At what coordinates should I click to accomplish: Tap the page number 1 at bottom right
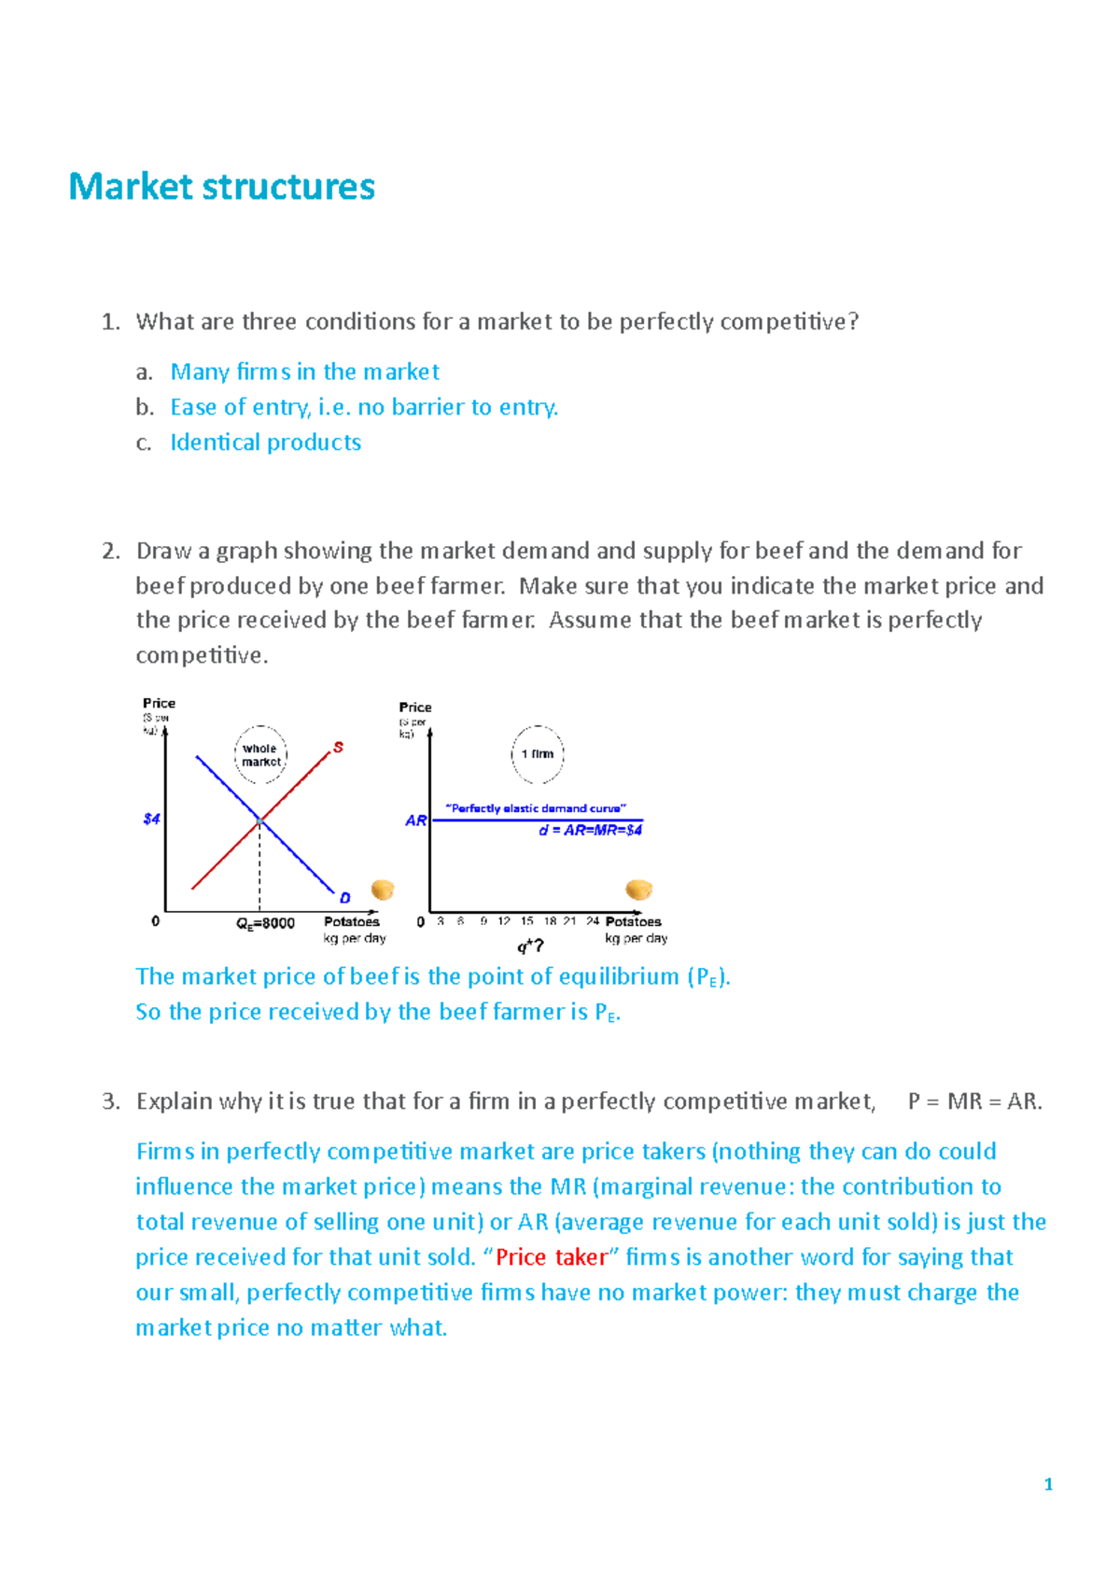pyautogui.click(x=1048, y=1484)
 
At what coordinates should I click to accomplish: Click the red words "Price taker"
pyautogui.click(x=552, y=1257)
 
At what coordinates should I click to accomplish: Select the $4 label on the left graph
pyautogui.click(x=151, y=819)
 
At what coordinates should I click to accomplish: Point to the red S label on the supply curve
pyautogui.click(x=338, y=747)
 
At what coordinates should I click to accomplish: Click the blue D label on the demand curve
pyautogui.click(x=344, y=897)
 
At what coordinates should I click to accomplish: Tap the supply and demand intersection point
pyautogui.click(x=259, y=820)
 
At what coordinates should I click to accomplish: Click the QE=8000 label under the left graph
pyautogui.click(x=265, y=923)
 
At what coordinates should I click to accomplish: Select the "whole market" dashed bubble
pyautogui.click(x=260, y=754)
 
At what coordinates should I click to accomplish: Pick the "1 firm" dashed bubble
pyautogui.click(x=537, y=753)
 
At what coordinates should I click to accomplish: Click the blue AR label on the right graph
pyautogui.click(x=415, y=821)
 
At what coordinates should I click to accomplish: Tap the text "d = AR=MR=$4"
pyautogui.click(x=590, y=830)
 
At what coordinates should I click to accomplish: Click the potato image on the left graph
pyautogui.click(x=383, y=889)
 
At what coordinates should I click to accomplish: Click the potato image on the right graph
pyautogui.click(x=638, y=889)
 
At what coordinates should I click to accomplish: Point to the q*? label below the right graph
pyautogui.click(x=530, y=946)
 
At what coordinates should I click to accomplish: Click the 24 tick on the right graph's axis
pyautogui.click(x=592, y=920)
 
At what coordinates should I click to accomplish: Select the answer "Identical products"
pyautogui.click(x=265, y=442)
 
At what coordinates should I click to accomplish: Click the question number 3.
pyautogui.click(x=110, y=1101)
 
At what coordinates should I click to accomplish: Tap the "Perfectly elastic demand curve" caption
pyautogui.click(x=536, y=808)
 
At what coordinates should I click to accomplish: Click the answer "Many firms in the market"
pyautogui.click(x=304, y=372)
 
